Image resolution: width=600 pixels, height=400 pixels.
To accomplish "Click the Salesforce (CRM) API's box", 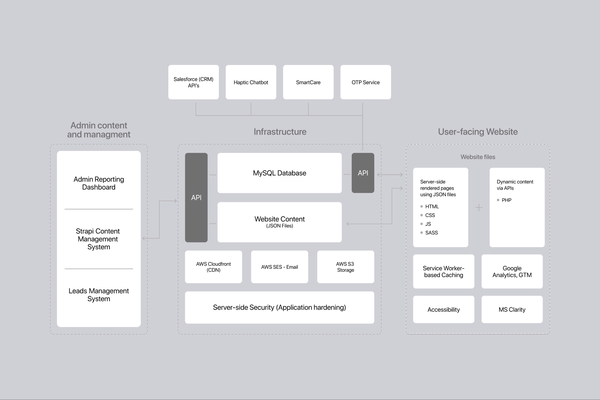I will (x=193, y=82).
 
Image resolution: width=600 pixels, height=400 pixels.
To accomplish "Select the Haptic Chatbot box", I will (x=251, y=82).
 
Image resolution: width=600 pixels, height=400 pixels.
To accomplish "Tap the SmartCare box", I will (x=308, y=82).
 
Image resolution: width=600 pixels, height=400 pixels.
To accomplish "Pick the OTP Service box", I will (x=366, y=82).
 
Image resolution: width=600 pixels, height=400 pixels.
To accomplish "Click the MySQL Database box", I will (x=279, y=173).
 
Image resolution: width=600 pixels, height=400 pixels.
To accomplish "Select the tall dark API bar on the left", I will (x=196, y=198).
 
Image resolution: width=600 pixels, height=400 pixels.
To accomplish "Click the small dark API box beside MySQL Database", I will (x=363, y=173).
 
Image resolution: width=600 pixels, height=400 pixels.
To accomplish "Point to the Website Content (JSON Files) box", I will (x=279, y=222).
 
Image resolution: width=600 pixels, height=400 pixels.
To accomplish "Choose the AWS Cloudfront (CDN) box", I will (x=213, y=267).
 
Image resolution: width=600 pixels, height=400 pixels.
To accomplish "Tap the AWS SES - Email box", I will (x=279, y=267).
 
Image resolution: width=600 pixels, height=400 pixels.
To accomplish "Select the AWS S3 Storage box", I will (x=345, y=267).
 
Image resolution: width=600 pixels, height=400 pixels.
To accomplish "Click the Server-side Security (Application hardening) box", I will (x=279, y=307).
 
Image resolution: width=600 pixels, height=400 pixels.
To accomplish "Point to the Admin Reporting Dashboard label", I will (x=99, y=183).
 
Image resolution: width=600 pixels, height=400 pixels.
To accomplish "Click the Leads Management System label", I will (x=99, y=295).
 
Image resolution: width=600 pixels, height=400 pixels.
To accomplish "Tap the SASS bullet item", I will (x=431, y=233).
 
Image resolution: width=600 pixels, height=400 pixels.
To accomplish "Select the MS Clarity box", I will (x=512, y=310).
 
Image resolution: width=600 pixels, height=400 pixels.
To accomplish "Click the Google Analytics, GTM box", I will (x=512, y=271).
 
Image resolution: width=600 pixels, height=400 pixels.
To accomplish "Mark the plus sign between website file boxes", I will (x=479, y=207).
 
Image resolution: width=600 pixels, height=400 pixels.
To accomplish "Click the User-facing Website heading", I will (x=478, y=132).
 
